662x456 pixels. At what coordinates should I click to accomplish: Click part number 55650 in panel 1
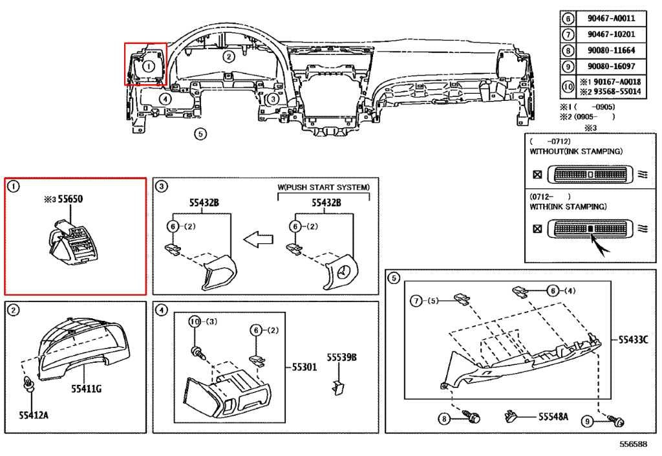72,201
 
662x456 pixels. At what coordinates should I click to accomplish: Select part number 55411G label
86,388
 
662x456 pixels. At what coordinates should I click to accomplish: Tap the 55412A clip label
34,414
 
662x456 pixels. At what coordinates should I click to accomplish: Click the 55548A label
553,417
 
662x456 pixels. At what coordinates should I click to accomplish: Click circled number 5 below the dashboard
200,134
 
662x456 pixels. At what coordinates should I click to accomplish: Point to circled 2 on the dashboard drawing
228,56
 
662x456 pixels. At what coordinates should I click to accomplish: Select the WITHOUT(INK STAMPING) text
575,151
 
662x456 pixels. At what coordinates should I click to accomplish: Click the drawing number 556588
633,445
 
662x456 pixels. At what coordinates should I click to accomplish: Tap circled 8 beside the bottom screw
443,420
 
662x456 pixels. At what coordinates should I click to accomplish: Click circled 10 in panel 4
194,321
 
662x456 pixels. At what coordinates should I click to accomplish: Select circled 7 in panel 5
418,301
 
